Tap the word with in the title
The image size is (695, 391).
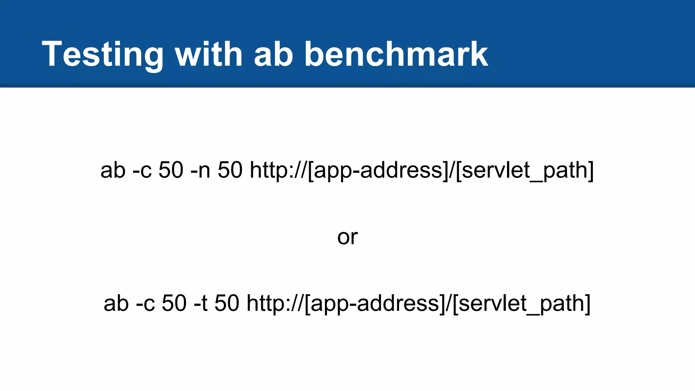point(208,54)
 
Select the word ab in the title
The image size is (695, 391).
point(273,54)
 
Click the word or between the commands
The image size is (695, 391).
point(347,237)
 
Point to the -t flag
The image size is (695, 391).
point(201,303)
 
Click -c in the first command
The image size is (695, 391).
point(142,170)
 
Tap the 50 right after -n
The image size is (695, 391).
point(230,170)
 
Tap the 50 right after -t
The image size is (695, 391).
point(227,303)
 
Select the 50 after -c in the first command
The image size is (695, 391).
point(171,170)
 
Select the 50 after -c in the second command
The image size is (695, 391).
point(174,303)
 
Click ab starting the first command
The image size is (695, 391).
point(113,170)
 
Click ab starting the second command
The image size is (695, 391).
point(116,303)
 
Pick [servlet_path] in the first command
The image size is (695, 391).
point(525,170)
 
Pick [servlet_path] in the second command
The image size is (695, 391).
point(522,303)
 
